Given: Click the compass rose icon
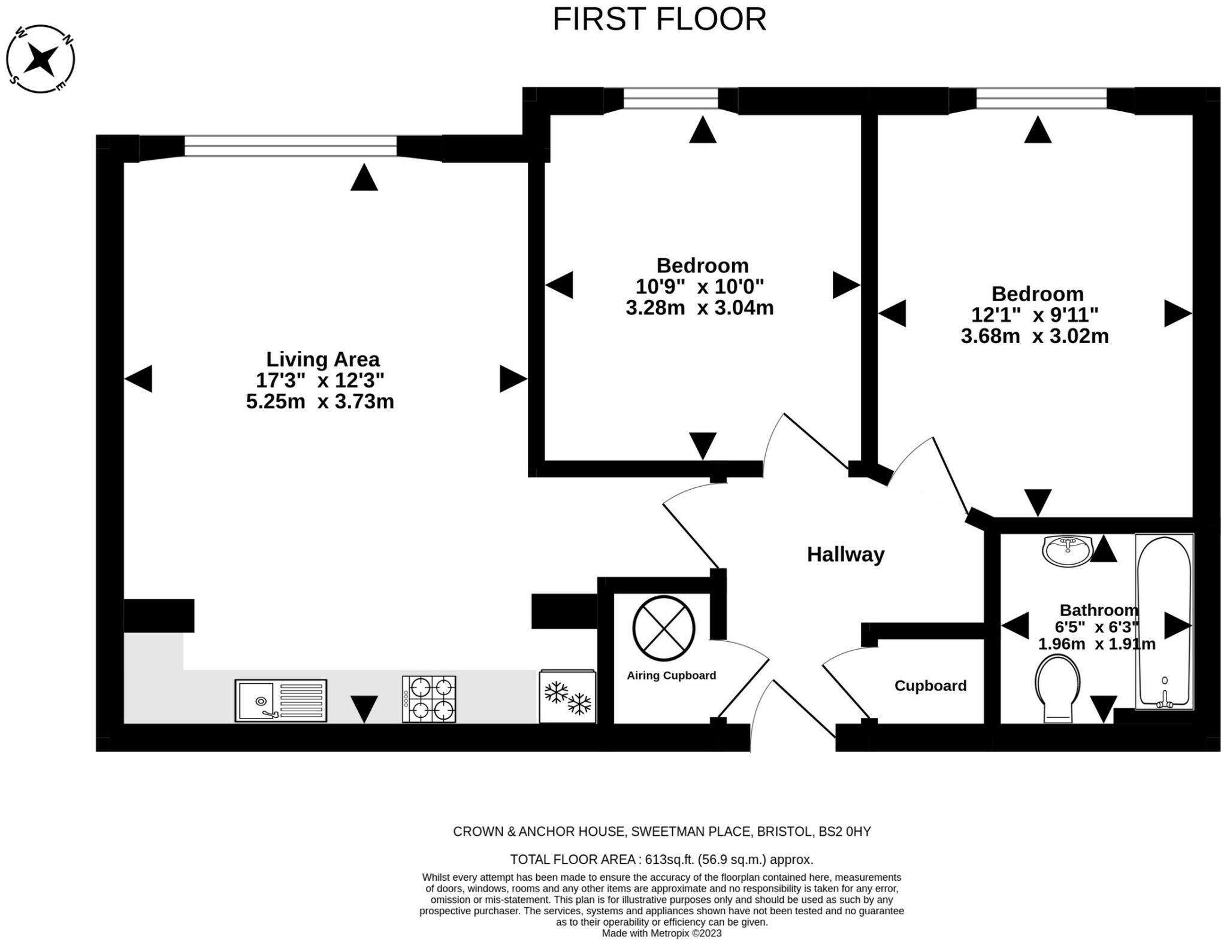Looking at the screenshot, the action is [41, 59].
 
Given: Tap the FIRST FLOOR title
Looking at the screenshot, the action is [659, 19].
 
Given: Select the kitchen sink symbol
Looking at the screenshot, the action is [280, 701].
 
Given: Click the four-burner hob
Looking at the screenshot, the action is [429, 699].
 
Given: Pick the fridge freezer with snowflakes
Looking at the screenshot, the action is [567, 696].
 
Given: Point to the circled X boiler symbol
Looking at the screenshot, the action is [664, 628].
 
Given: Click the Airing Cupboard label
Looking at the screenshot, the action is [671, 675].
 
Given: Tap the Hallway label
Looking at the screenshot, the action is [845, 554].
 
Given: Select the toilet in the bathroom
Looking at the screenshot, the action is [1057, 688].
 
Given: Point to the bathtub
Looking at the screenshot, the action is [1164, 621].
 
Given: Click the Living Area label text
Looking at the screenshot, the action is [323, 359].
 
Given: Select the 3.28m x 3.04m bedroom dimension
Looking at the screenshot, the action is [700, 308].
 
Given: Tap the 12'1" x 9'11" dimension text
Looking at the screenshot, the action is [1035, 314].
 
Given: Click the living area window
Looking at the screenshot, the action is [291, 146].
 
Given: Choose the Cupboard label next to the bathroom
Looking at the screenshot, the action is [930, 686].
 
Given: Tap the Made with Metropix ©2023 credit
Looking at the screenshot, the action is [662, 933].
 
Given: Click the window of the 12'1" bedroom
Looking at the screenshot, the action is [1042, 99].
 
